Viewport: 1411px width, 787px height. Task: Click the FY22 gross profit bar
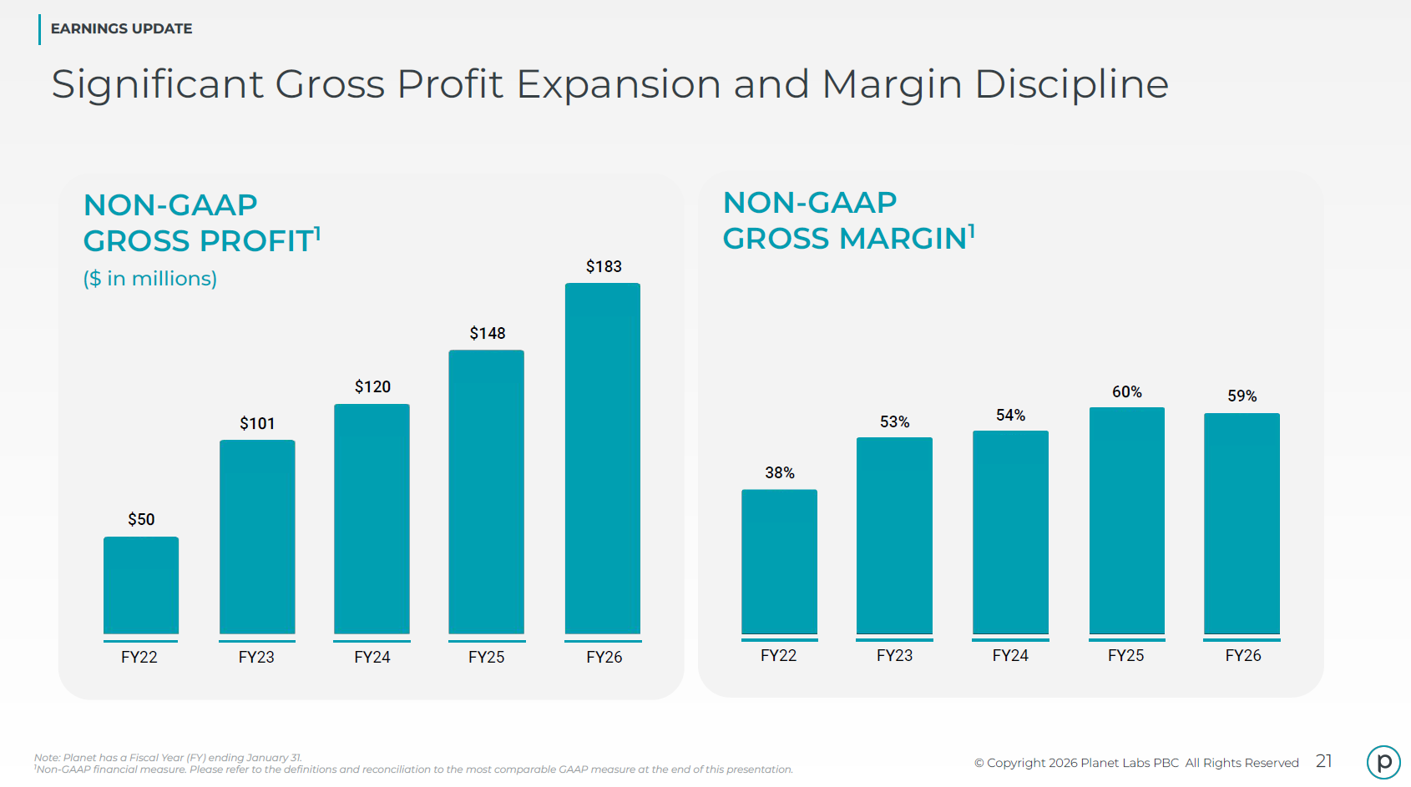(141, 585)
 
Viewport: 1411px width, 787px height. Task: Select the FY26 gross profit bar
(603, 458)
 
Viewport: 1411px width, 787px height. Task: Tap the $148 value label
(488, 333)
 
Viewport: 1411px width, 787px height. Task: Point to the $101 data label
(257, 423)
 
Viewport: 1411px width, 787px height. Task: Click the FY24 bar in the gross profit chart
(372, 519)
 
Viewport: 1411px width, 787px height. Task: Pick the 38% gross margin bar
(779, 562)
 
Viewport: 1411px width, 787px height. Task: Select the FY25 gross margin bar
(1127, 521)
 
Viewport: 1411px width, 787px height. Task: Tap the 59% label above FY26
(1242, 396)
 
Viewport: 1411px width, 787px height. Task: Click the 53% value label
(894, 421)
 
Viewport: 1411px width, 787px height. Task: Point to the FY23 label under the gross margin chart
(894, 655)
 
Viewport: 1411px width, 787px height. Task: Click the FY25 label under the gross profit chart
(486, 658)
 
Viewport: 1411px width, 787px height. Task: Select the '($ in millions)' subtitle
(150, 278)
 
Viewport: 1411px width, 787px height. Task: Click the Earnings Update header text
(122, 29)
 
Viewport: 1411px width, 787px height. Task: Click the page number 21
(1324, 761)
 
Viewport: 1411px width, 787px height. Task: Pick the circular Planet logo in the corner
(1383, 762)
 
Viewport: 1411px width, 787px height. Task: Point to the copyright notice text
(1136, 763)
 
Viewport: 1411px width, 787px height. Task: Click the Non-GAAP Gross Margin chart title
(848, 220)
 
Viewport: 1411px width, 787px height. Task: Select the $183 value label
(604, 266)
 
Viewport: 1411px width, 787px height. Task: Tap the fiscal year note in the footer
(168, 758)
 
